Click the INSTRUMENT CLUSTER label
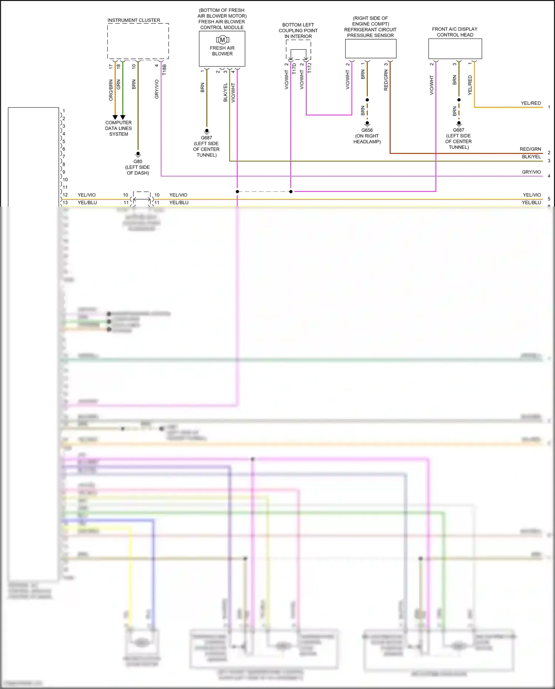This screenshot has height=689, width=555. pos(134,20)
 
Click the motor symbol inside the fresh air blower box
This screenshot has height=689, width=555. pos(222,40)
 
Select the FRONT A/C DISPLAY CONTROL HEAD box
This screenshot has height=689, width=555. pos(455,49)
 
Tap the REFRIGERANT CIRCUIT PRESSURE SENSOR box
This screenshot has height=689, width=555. pos(370,49)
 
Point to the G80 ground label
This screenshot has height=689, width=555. pos(138,161)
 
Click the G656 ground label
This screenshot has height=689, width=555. pos(367,130)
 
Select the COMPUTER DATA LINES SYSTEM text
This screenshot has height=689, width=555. pos(118,128)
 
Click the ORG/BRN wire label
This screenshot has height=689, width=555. pos(111,90)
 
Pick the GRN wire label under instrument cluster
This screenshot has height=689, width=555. pos(118,84)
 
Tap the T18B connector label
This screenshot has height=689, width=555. pos(164,70)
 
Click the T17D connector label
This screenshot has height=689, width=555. pos(294,68)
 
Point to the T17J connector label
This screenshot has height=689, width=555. pos(310,68)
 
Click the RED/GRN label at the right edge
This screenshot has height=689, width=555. pos(530,149)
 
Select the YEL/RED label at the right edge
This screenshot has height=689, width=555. pos(531,103)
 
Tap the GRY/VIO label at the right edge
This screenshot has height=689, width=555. pos(531,172)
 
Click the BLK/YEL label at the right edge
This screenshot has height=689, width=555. pos(531,157)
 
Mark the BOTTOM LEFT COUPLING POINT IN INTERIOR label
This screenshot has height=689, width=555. pos(298,31)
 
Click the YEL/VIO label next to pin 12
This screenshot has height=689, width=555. pos(87,195)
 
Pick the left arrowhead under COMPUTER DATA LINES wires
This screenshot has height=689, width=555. pos(115,117)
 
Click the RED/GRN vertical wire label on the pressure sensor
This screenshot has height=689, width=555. pos(386,81)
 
